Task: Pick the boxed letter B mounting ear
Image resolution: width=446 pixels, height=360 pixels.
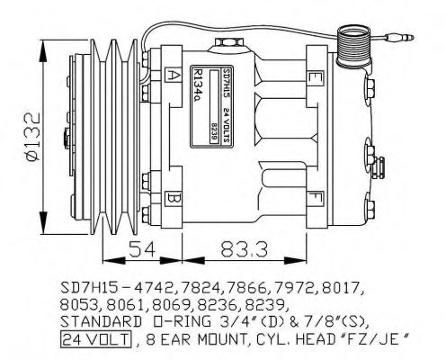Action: click(174, 194)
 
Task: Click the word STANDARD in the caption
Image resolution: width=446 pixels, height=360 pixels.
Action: click(95, 322)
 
